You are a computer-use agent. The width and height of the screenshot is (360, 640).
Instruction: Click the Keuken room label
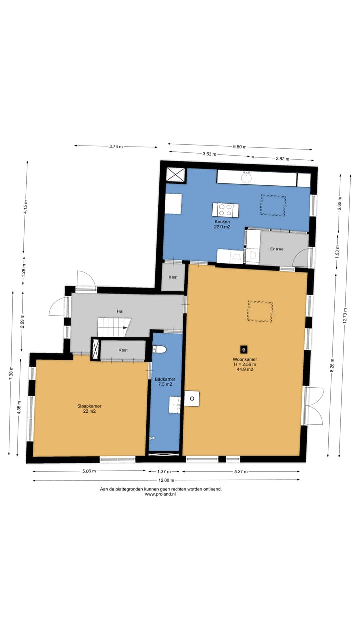[222, 221]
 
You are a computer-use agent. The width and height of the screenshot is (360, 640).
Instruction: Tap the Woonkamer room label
[245, 359]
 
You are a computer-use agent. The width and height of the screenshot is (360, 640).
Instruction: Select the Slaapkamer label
[89, 406]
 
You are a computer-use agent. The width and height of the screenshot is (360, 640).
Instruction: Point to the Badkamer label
[165, 379]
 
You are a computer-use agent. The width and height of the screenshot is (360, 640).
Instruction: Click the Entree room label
[277, 249]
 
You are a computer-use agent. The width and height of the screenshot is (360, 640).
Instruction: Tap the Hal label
[120, 311]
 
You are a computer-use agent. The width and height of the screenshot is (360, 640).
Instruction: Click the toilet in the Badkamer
[159, 349]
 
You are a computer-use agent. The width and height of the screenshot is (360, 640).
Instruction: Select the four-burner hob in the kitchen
[225, 210]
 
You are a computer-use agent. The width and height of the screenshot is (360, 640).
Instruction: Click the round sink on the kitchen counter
[246, 177]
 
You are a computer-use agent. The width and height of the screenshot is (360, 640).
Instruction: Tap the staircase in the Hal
[114, 327]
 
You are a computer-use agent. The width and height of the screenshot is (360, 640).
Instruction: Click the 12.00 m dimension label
[166, 480]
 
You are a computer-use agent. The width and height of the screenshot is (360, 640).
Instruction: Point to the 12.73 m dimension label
[345, 316]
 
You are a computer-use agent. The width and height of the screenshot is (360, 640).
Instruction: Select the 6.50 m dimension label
[239, 147]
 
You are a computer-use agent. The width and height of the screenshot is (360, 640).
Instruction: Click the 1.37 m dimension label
[164, 471]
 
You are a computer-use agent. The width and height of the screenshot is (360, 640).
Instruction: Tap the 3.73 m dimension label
[116, 147]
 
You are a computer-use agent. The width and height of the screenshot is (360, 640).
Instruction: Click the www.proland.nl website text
[160, 494]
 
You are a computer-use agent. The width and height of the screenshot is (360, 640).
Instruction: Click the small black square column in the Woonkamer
[244, 349]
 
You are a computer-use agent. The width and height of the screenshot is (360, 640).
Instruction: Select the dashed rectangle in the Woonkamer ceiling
[260, 311]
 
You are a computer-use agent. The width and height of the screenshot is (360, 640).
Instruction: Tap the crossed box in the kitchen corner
[175, 175]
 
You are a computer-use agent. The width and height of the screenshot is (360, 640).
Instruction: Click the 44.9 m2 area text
[245, 369]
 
